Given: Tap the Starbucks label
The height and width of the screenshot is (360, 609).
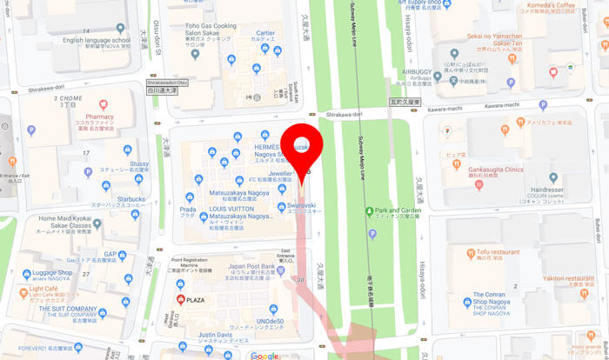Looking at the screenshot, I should tap(127, 198).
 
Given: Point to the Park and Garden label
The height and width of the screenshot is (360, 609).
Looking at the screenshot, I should tap(398, 211).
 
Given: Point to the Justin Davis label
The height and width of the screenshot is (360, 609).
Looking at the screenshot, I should tap(216, 335).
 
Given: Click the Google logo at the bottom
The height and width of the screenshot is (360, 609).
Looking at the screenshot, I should tap(264, 356).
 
